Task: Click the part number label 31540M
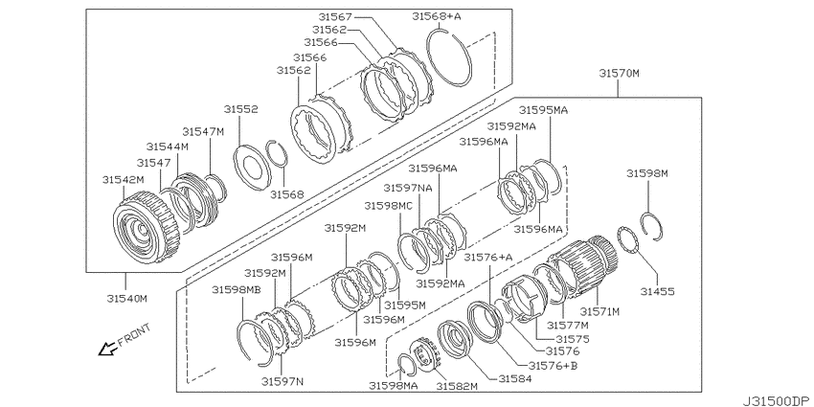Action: pyautogui.click(x=127, y=299)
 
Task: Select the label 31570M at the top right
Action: pyautogui.click(x=619, y=73)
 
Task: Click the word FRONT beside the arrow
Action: pyautogui.click(x=134, y=335)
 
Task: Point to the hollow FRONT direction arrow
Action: pyautogui.click(x=108, y=350)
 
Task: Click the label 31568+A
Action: pyautogui.click(x=437, y=16)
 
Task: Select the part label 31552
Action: pyautogui.click(x=241, y=109)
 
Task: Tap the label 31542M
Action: pyautogui.click(x=123, y=180)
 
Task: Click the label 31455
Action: pyautogui.click(x=657, y=292)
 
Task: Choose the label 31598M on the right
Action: pyautogui.click(x=646, y=173)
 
